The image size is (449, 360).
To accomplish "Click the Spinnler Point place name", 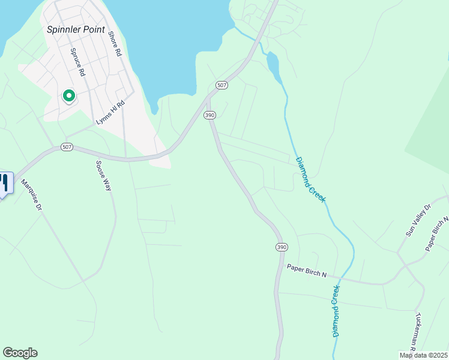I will pyautogui.click(x=76, y=29).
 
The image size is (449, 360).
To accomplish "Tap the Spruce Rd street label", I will pyautogui.click(x=77, y=62).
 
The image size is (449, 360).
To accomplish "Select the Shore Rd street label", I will pyautogui.click(x=115, y=44).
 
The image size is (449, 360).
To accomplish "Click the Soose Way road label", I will pyautogui.click(x=104, y=175).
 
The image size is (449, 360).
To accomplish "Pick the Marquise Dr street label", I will pyautogui.click(x=31, y=195).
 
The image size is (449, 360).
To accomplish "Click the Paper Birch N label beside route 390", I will pyautogui.click(x=306, y=271).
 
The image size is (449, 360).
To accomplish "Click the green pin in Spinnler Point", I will pyautogui.click(x=68, y=95).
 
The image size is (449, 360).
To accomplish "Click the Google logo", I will pyautogui.click(x=20, y=353).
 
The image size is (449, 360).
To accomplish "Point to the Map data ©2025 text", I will pyautogui.click(x=424, y=355).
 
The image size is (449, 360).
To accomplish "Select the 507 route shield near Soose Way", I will pyautogui.click(x=66, y=148).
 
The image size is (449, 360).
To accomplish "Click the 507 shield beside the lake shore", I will pyautogui.click(x=222, y=85).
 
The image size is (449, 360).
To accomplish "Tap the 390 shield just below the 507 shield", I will pyautogui.click(x=209, y=115).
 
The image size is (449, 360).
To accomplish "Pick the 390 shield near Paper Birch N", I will pyautogui.click(x=282, y=247).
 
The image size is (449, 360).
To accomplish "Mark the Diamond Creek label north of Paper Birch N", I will pyautogui.click(x=310, y=179).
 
